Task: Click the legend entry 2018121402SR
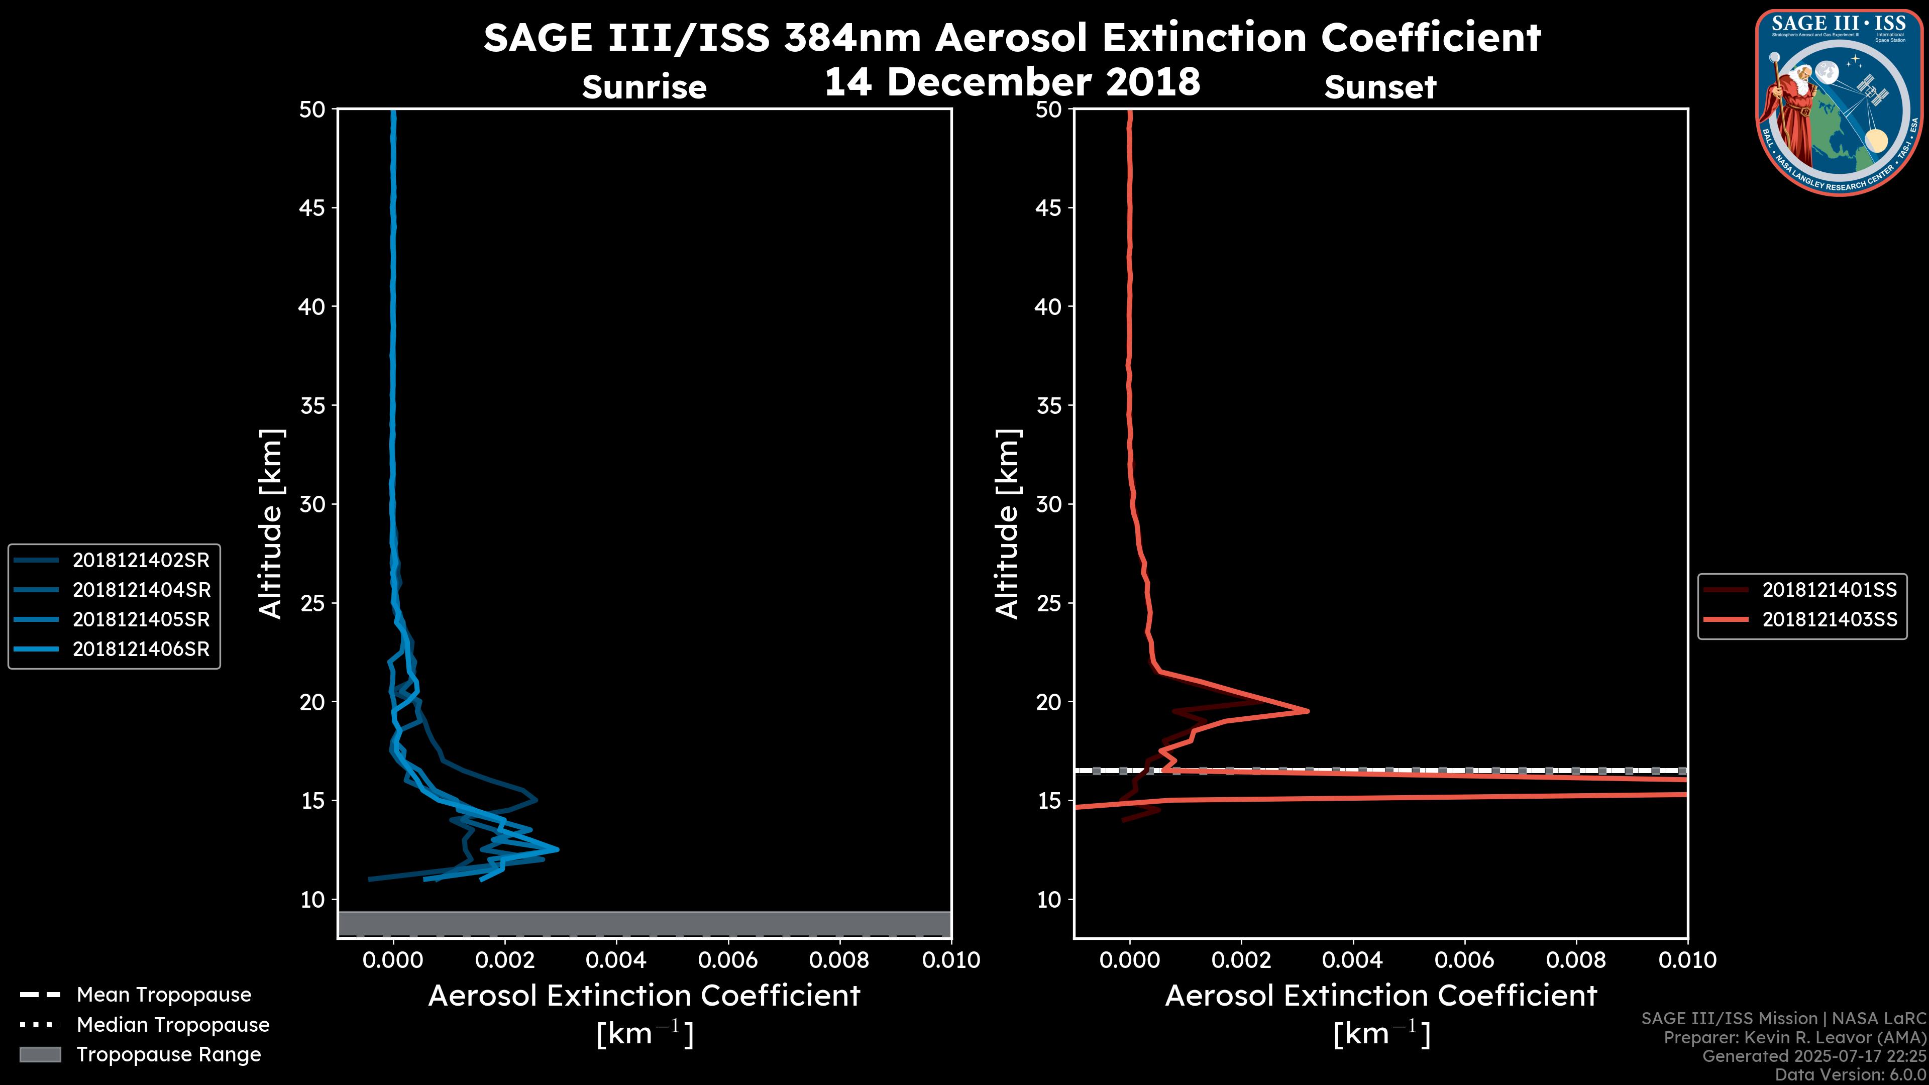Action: click(x=141, y=560)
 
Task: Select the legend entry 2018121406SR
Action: click(x=141, y=649)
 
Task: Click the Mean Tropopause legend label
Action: click(x=164, y=995)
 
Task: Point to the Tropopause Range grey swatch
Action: click(x=40, y=1054)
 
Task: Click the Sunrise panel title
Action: click(x=644, y=87)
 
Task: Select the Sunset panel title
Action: click(x=1380, y=87)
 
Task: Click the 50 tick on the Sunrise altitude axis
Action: click(x=312, y=110)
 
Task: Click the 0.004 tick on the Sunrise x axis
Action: click(x=615, y=960)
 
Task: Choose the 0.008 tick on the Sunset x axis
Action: click(x=1576, y=960)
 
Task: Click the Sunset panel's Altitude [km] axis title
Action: click(x=1008, y=523)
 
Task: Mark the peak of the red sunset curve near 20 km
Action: click(x=1308, y=711)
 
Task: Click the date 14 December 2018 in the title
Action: click(x=1012, y=82)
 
